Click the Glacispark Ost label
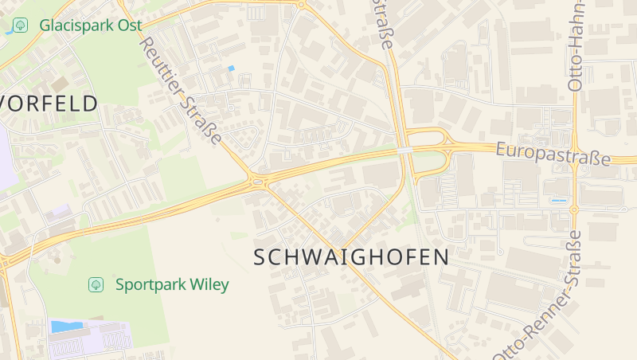(x=91, y=25)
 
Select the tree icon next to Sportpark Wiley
(x=96, y=284)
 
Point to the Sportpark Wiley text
(x=172, y=284)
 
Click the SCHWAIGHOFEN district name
(x=351, y=257)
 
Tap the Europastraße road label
(x=553, y=155)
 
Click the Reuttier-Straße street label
(x=182, y=82)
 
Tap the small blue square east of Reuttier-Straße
(x=231, y=68)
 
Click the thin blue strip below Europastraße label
(x=559, y=201)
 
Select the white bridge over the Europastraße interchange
(x=405, y=150)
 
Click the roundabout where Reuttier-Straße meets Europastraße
(x=256, y=182)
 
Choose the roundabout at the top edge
(x=301, y=5)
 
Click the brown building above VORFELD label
(x=61, y=83)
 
